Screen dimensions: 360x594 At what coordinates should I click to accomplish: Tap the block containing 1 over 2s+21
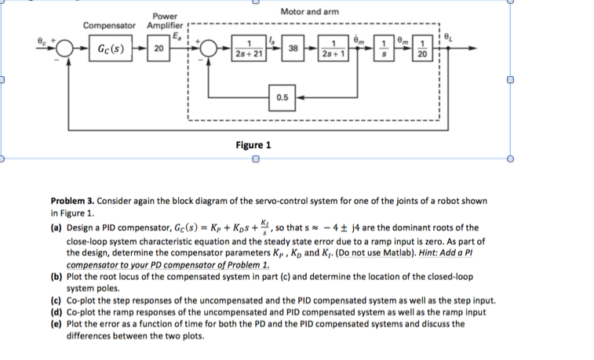[x=249, y=49]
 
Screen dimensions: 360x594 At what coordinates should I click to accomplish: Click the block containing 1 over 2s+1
[x=334, y=49]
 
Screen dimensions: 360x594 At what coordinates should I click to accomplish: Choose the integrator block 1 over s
[x=384, y=49]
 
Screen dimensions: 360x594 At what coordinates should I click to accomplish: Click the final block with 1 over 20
[x=423, y=49]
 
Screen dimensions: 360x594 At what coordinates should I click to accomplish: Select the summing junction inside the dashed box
[x=210, y=49]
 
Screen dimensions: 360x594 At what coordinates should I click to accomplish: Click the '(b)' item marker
[x=56, y=277]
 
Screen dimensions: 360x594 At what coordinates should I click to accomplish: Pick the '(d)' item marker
[x=56, y=312]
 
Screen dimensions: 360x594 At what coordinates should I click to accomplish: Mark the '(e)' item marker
[x=56, y=323]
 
